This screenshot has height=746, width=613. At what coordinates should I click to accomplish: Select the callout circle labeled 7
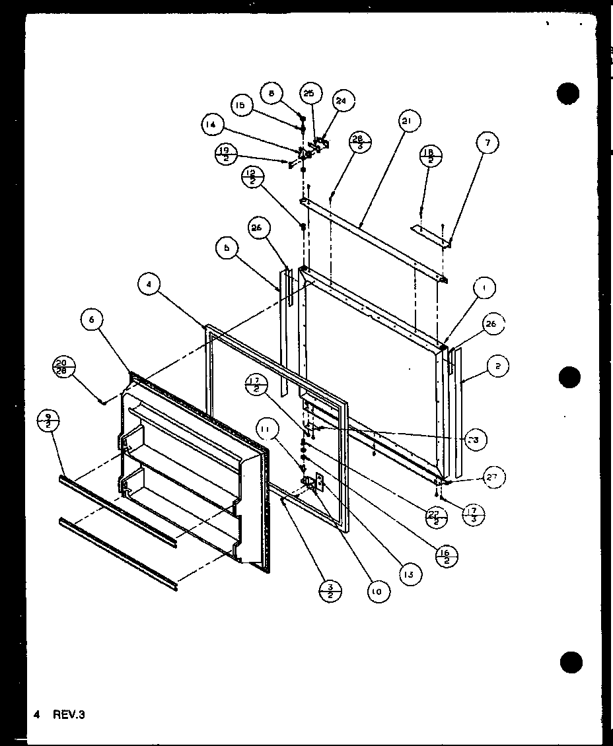(487, 143)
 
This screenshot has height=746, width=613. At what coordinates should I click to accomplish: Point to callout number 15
(242, 105)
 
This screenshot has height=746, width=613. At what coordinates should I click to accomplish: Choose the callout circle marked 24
(341, 101)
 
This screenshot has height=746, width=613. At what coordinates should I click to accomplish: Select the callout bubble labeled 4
(150, 286)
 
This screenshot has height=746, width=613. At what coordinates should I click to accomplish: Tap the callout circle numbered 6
(92, 320)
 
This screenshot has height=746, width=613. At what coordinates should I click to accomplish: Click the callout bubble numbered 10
(376, 592)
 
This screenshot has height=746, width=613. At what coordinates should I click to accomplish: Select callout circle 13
(410, 574)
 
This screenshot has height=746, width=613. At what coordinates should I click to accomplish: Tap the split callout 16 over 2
(449, 557)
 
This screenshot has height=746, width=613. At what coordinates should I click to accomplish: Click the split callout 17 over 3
(473, 514)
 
